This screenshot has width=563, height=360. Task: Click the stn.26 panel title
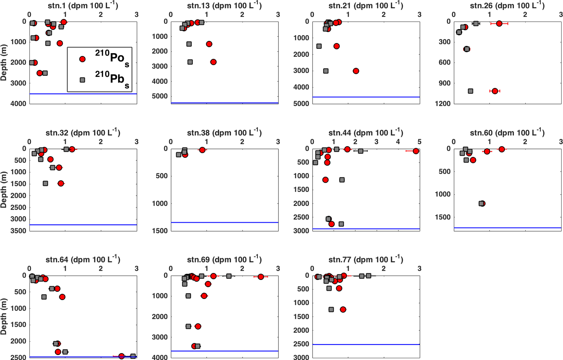507,6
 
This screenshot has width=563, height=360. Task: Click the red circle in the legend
82,59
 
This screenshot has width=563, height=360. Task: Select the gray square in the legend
82,80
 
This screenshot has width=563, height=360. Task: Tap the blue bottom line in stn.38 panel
224,223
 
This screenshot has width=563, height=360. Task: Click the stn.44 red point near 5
416,151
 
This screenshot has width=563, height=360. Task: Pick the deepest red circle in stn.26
495,91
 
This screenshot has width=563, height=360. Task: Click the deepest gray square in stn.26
470,91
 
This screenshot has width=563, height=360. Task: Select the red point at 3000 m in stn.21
356,71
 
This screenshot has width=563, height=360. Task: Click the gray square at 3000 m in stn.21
325,71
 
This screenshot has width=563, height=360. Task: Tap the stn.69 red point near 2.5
261,277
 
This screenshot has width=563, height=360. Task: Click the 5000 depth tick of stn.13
160,96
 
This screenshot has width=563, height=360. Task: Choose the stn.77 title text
366,260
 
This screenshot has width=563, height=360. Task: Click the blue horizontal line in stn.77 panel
366,345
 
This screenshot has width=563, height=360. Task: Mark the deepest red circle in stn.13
214,62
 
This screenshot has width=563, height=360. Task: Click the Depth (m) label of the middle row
4,190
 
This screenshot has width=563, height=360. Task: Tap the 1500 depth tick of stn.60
442,217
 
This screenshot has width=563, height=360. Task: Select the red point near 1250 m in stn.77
343,309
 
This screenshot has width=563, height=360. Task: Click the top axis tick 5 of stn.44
419,142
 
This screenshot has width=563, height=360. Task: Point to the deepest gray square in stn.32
45,183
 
